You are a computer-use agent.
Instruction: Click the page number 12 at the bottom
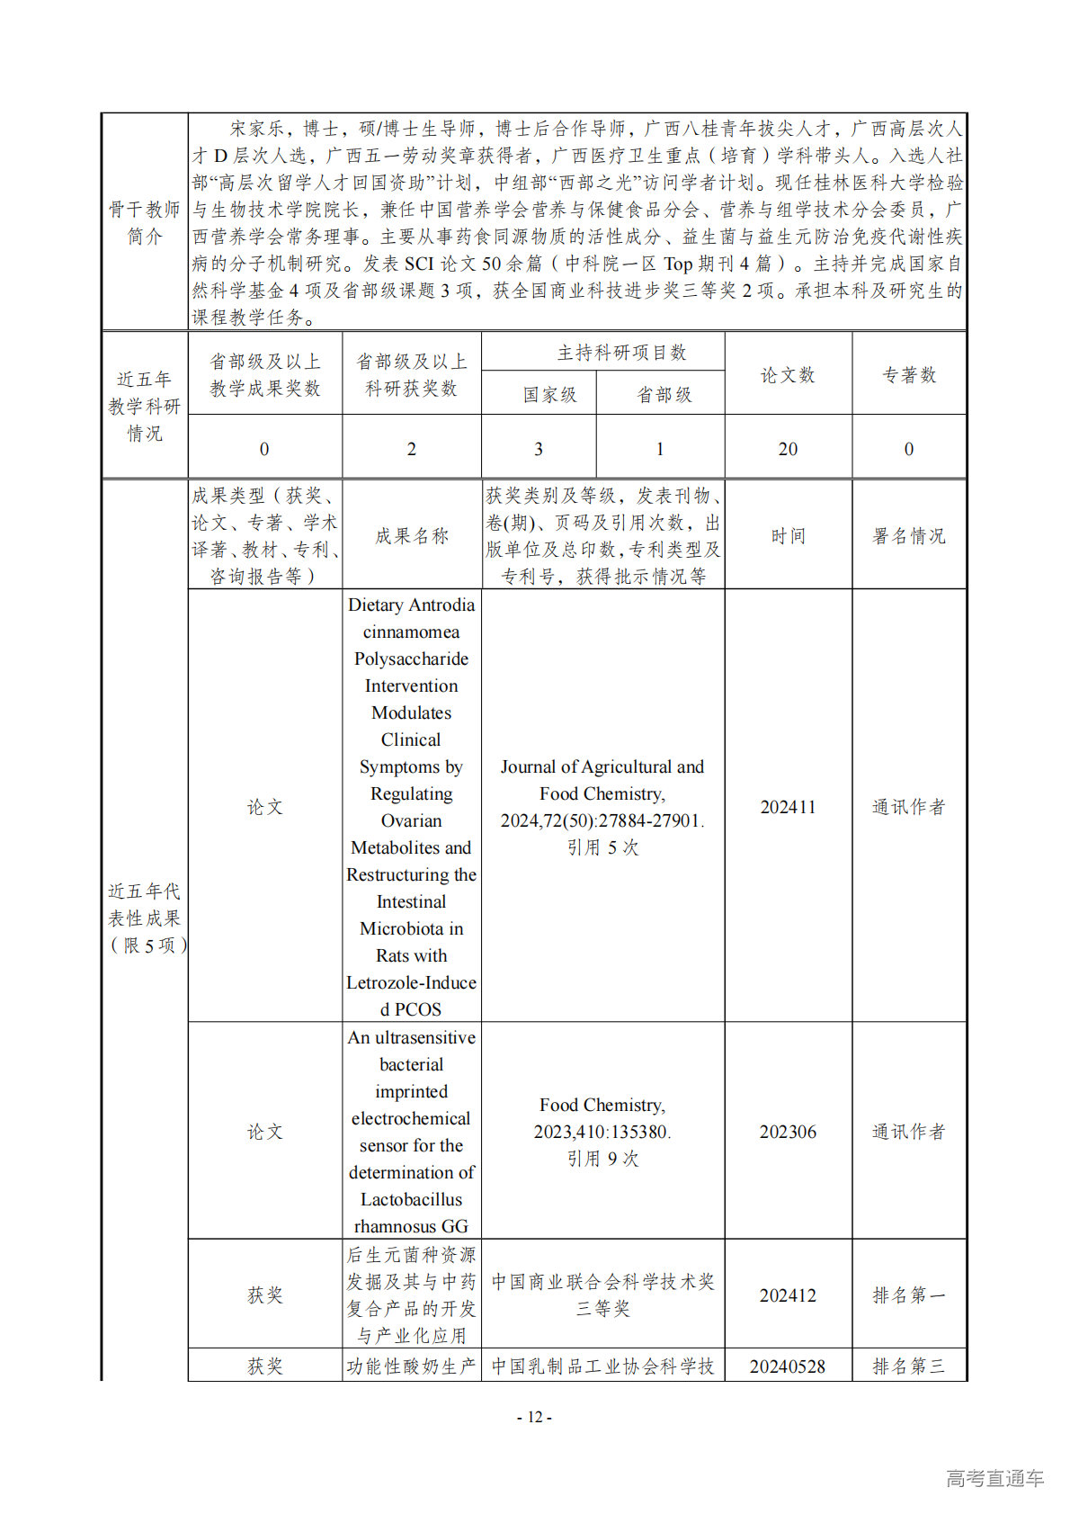pyautogui.click(x=534, y=1417)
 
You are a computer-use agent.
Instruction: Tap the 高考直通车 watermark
pyautogui.click(x=994, y=1478)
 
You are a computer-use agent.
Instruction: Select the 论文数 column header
pyautogui.click(x=788, y=375)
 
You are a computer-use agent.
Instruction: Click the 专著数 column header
pyautogui.click(x=909, y=375)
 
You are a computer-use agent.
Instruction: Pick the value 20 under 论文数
pyautogui.click(x=788, y=449)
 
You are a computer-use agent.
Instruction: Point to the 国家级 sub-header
pyautogui.click(x=549, y=395)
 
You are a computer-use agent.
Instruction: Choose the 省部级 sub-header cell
pyautogui.click(x=664, y=395)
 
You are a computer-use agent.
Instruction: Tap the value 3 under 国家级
pyautogui.click(x=539, y=449)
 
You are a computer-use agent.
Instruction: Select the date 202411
pyautogui.click(x=788, y=807)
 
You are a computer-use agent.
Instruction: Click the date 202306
pyautogui.click(x=788, y=1132)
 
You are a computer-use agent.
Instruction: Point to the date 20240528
pyautogui.click(x=788, y=1366)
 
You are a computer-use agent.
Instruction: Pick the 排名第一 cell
pyautogui.click(x=909, y=1295)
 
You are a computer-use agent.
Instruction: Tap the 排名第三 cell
pyautogui.click(x=909, y=1366)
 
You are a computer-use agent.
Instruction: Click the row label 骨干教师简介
pyautogui.click(x=145, y=223)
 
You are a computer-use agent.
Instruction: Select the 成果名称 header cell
pyautogui.click(x=412, y=536)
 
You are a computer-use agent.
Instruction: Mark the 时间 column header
pyautogui.click(x=788, y=536)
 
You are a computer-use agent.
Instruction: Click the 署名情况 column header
pyautogui.click(x=909, y=536)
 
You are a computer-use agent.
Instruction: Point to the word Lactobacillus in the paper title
pyautogui.click(x=412, y=1199)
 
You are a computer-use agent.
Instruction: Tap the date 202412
pyautogui.click(x=788, y=1295)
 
